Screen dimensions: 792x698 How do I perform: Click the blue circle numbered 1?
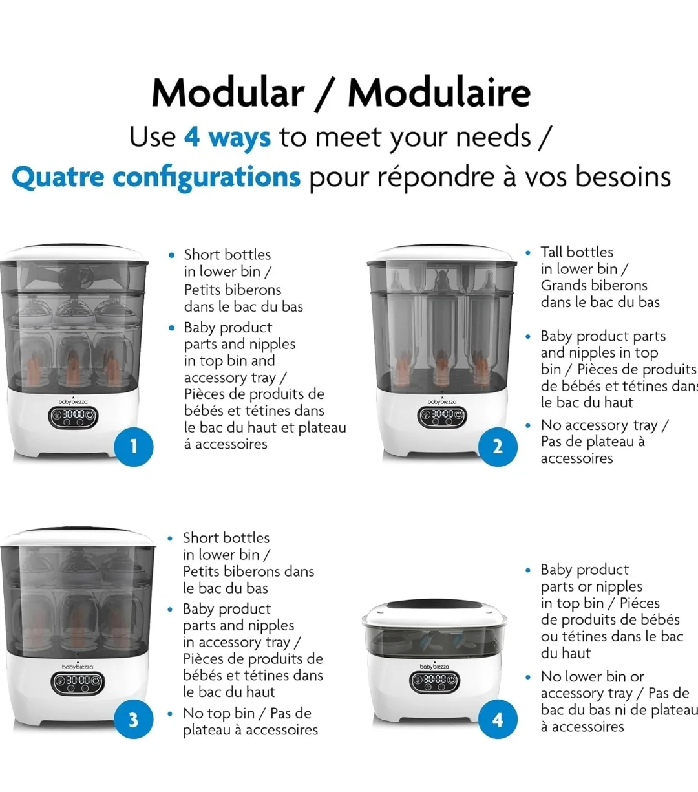[x=134, y=446]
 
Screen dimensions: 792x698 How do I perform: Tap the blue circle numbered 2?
[x=498, y=446]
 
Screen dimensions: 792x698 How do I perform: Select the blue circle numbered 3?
[x=133, y=720]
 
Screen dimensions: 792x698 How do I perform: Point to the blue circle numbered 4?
[x=498, y=720]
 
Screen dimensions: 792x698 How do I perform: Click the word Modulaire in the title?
[x=439, y=92]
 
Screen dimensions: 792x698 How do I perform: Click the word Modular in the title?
[x=227, y=92]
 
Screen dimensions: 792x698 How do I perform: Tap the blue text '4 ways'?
[x=227, y=138]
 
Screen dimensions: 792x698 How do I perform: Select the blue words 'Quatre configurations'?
[x=156, y=177]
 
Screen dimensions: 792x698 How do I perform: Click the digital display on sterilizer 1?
[x=73, y=417]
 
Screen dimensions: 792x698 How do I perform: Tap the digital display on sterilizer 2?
[x=443, y=416]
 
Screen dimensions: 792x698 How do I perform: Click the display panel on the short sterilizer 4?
[x=435, y=681]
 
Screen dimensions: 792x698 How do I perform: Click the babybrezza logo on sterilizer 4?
[x=435, y=666]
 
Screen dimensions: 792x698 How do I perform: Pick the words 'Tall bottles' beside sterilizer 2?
[x=576, y=252]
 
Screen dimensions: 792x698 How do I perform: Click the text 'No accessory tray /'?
[x=604, y=425]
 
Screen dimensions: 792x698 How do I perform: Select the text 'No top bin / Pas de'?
[x=247, y=714]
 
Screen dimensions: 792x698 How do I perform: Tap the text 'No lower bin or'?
[x=592, y=677]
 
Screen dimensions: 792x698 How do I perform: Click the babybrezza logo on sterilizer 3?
[x=78, y=667]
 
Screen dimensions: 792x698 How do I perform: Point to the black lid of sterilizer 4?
[x=434, y=607]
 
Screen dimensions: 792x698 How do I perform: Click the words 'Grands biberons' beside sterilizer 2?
[x=593, y=286]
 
